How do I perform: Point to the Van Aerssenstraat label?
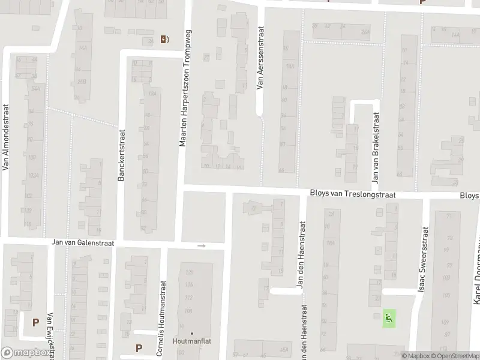click(260, 58)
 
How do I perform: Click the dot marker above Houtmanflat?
click(192, 334)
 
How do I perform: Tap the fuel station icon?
click(164, 40)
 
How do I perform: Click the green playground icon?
click(389, 318)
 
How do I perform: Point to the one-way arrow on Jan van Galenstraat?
click(202, 245)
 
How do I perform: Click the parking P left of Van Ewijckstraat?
click(35, 322)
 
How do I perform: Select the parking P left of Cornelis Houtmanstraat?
click(139, 347)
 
